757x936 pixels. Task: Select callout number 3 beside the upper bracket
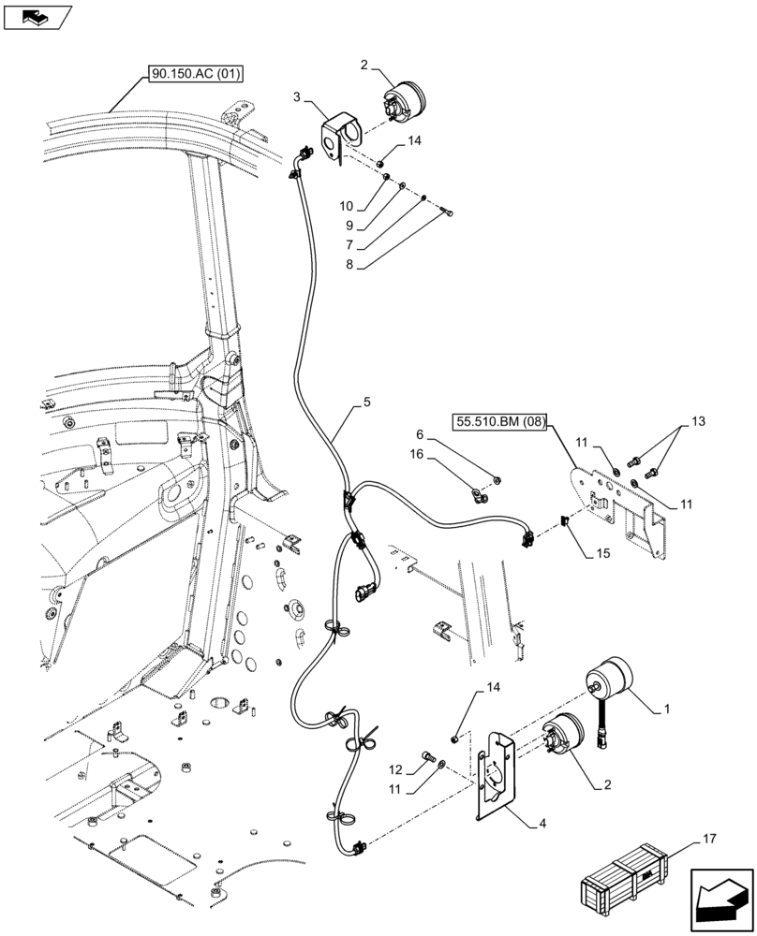pyautogui.click(x=296, y=96)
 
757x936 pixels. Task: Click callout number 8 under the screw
pyautogui.click(x=349, y=265)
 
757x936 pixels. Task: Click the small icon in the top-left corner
pyautogui.click(x=37, y=16)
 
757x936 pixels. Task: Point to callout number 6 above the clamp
pyautogui.click(x=421, y=434)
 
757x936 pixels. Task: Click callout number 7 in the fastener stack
pyautogui.click(x=349, y=245)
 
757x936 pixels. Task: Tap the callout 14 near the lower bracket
pyautogui.click(x=494, y=688)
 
